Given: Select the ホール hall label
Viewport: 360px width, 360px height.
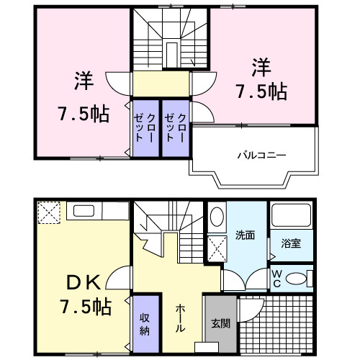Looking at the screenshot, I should [181, 318].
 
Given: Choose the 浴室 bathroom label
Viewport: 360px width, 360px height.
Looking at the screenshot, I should [292, 243].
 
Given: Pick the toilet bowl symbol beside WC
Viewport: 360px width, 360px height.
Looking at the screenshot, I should [297, 278].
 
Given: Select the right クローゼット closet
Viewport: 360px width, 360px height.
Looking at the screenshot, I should [175, 127].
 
